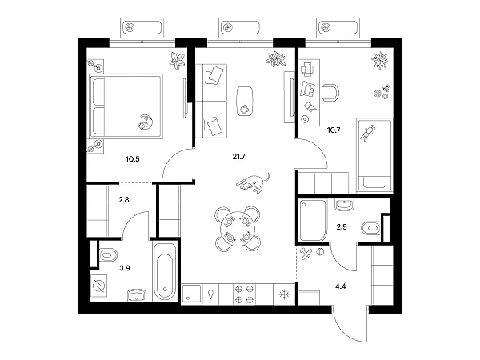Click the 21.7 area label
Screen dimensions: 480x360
point(238,157)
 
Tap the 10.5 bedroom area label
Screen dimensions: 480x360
point(133,159)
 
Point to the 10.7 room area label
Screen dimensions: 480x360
point(334,130)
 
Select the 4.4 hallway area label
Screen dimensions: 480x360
point(341,286)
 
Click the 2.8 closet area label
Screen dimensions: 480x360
point(124,200)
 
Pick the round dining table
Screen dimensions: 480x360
point(238,228)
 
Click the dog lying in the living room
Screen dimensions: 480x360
point(254,183)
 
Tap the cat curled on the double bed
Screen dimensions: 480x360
point(146,122)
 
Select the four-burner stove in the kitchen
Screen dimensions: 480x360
point(245,294)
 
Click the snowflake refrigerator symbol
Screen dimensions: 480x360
point(284,294)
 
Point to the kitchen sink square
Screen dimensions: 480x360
point(192,294)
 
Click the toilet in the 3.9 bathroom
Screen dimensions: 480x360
point(108,254)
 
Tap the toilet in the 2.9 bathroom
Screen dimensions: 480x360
point(371,228)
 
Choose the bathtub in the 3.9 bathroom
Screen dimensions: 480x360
point(165,272)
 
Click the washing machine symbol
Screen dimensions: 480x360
point(99,286)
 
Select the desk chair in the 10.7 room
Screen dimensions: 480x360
point(330,93)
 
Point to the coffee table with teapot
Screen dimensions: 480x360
point(245,101)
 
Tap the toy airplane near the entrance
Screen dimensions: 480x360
point(306,254)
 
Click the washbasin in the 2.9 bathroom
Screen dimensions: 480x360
point(344,205)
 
